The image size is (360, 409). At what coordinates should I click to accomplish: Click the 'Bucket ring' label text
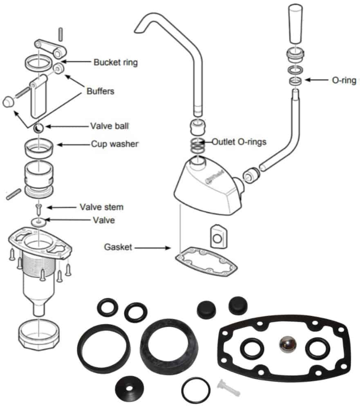(x=116, y=63)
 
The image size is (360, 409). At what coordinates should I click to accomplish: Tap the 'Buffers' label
(x=100, y=91)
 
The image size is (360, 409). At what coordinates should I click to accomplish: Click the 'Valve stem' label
(x=102, y=207)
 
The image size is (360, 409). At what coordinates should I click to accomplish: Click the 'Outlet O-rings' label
(x=239, y=142)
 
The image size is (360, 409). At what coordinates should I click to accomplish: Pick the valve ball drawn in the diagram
(x=38, y=128)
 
